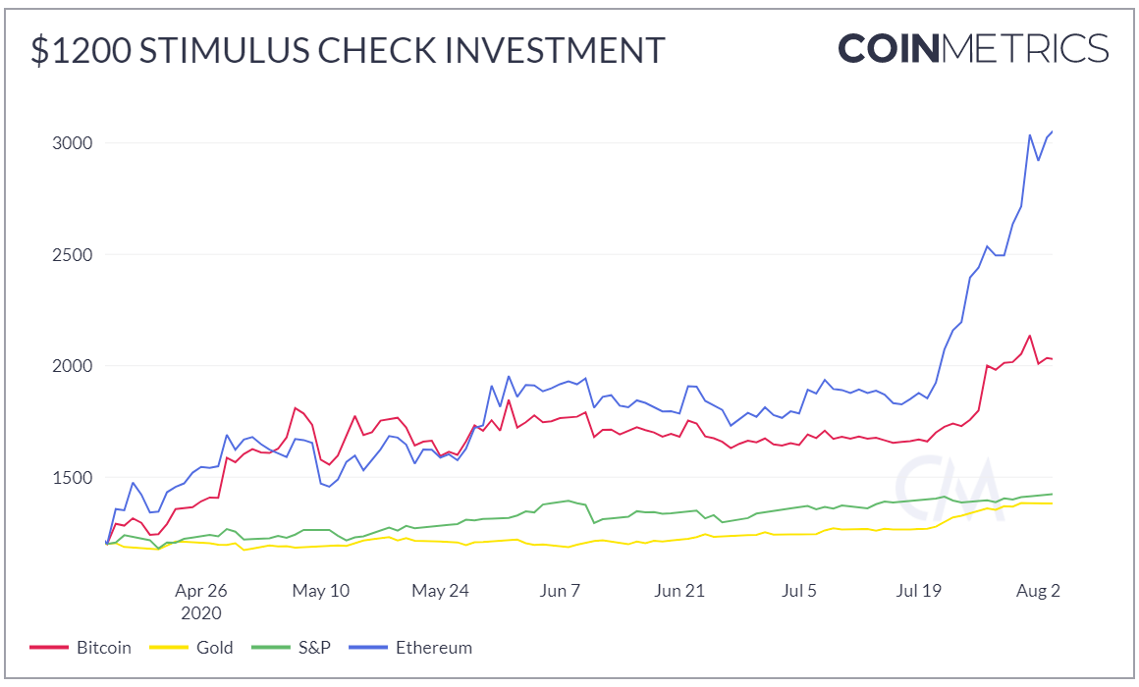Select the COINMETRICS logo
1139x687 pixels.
(x=973, y=48)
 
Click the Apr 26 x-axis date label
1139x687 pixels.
(x=200, y=591)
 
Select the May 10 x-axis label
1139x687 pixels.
(x=321, y=591)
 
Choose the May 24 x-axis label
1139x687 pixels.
(x=441, y=591)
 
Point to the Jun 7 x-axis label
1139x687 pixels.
(x=561, y=591)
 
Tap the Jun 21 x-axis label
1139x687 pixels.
(x=680, y=591)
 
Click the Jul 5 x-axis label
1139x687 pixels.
(x=798, y=591)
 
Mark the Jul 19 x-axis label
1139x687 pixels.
(x=920, y=591)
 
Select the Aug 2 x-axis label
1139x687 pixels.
(x=1038, y=591)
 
